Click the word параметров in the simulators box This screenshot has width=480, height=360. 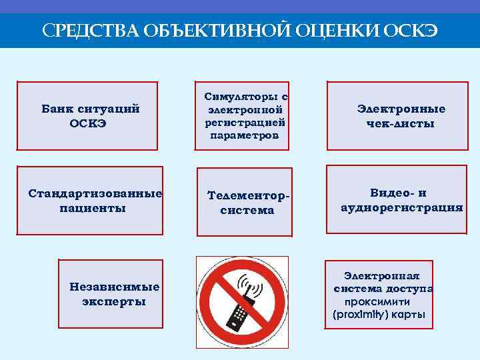coord(245,135)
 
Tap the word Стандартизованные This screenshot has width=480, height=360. coord(95,194)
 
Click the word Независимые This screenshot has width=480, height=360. coord(114,287)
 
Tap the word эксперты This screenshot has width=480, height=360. coord(114,301)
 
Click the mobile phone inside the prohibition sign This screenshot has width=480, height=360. coord(239,313)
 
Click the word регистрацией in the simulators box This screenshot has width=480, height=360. coord(247,122)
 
